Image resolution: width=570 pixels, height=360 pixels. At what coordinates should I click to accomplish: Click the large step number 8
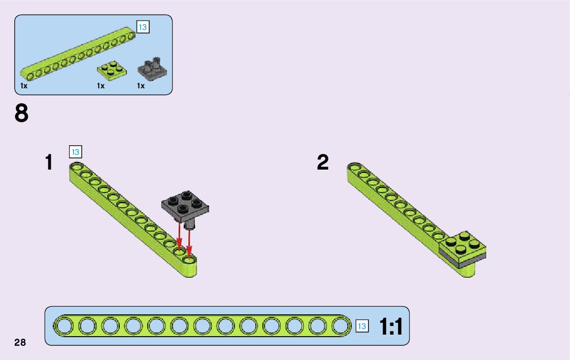pyautogui.click(x=21, y=114)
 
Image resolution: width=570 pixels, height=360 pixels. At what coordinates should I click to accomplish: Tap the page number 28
pyautogui.click(x=20, y=342)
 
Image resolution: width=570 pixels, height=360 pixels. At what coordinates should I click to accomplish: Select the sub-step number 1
pyautogui.click(x=49, y=162)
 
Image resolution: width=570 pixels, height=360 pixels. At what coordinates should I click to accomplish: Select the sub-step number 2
pyautogui.click(x=323, y=162)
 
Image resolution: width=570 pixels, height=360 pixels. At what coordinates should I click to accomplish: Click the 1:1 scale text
pyautogui.click(x=391, y=327)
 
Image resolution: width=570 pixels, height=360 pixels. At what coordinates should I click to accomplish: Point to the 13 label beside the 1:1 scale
pyautogui.click(x=361, y=326)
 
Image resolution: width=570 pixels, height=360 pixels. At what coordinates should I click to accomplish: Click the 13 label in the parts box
pyautogui.click(x=143, y=27)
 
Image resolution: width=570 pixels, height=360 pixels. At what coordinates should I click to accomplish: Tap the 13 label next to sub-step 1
pyautogui.click(x=75, y=151)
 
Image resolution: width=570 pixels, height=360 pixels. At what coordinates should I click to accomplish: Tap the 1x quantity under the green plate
pyautogui.click(x=101, y=86)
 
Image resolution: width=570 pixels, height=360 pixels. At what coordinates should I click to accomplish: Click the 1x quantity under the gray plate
pyautogui.click(x=141, y=86)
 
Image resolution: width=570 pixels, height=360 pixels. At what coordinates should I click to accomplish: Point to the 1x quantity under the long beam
pyautogui.click(x=24, y=86)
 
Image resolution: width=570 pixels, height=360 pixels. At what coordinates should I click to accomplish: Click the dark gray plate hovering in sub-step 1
pyautogui.click(x=185, y=204)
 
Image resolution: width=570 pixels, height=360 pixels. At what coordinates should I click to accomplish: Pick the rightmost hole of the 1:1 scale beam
pyautogui.click(x=340, y=326)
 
